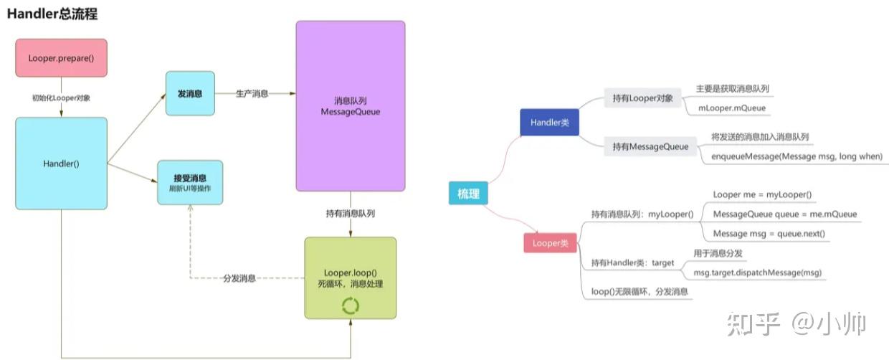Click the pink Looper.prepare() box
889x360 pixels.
(61, 57)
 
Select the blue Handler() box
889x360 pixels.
(61, 164)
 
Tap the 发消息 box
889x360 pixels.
(190, 93)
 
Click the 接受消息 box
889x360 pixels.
(190, 182)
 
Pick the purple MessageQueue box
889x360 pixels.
(351, 106)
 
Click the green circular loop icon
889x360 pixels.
(351, 306)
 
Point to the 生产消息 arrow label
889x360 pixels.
(252, 93)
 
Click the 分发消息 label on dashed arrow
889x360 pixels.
(239, 278)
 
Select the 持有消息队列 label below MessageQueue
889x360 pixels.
(351, 213)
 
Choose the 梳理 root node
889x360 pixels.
(468, 194)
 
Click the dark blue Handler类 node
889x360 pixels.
(550, 123)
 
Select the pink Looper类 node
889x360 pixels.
(550, 243)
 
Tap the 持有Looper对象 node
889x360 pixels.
(642, 98)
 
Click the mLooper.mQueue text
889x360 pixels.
(732, 108)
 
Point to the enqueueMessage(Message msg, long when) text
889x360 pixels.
(797, 156)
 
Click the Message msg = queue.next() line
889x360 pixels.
(769, 233)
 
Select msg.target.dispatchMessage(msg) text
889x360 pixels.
(757, 273)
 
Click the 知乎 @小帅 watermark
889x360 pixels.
(797, 323)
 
